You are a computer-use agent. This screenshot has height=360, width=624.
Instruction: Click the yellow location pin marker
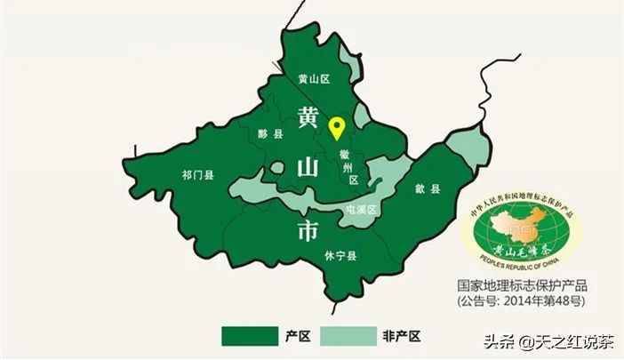(337, 128)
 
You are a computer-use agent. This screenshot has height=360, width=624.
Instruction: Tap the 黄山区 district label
(313, 79)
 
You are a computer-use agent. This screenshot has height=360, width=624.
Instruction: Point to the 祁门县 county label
(197, 175)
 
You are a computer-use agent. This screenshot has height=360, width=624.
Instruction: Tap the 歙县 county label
(428, 189)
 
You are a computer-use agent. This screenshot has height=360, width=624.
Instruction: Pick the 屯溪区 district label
(360, 210)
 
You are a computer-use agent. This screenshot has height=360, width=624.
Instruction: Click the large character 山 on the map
(307, 168)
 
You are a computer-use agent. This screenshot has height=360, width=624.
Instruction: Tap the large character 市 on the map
(307, 231)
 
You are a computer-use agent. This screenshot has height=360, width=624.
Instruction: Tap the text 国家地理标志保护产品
(523, 286)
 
